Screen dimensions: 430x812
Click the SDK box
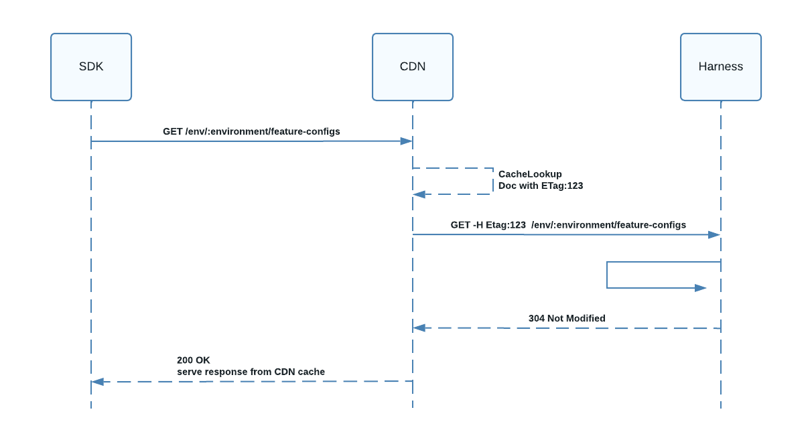click(x=91, y=67)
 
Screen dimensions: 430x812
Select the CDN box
click(x=413, y=67)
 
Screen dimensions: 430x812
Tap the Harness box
click(x=721, y=67)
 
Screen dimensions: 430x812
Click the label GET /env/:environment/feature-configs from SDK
click(x=251, y=131)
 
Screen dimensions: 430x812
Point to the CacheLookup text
click(x=530, y=174)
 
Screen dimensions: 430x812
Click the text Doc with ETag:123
click(x=541, y=186)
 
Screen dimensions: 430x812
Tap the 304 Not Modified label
click(x=567, y=318)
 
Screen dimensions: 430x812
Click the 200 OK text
click(x=193, y=360)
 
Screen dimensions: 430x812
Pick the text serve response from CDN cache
click(x=251, y=372)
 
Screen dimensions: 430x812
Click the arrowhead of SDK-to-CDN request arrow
click(x=406, y=141)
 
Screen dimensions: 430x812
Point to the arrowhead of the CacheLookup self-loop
click(x=419, y=194)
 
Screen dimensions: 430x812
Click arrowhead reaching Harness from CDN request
click(x=714, y=235)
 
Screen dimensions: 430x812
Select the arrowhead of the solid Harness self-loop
click(x=700, y=288)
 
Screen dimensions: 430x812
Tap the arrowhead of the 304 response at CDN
click(x=419, y=328)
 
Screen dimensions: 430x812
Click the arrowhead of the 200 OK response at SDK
click(x=98, y=382)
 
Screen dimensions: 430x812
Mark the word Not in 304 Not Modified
click(x=555, y=318)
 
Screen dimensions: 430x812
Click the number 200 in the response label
click(x=185, y=360)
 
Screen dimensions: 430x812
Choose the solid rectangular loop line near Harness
click(x=607, y=275)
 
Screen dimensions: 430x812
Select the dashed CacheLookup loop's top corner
click(x=493, y=169)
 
